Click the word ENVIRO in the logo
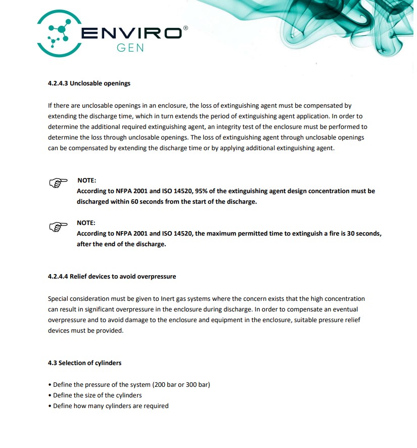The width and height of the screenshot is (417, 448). (131, 33)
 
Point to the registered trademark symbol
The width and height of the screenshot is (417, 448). (185, 29)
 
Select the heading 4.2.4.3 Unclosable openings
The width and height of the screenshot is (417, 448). (89, 83)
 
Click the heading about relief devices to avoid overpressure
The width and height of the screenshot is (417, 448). (112, 277)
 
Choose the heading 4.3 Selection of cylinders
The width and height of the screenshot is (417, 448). (84, 363)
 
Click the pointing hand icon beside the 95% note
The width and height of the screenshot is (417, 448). (58, 183)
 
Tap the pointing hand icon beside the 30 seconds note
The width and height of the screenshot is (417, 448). (58, 226)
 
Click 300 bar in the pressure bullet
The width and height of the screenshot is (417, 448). (195, 384)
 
